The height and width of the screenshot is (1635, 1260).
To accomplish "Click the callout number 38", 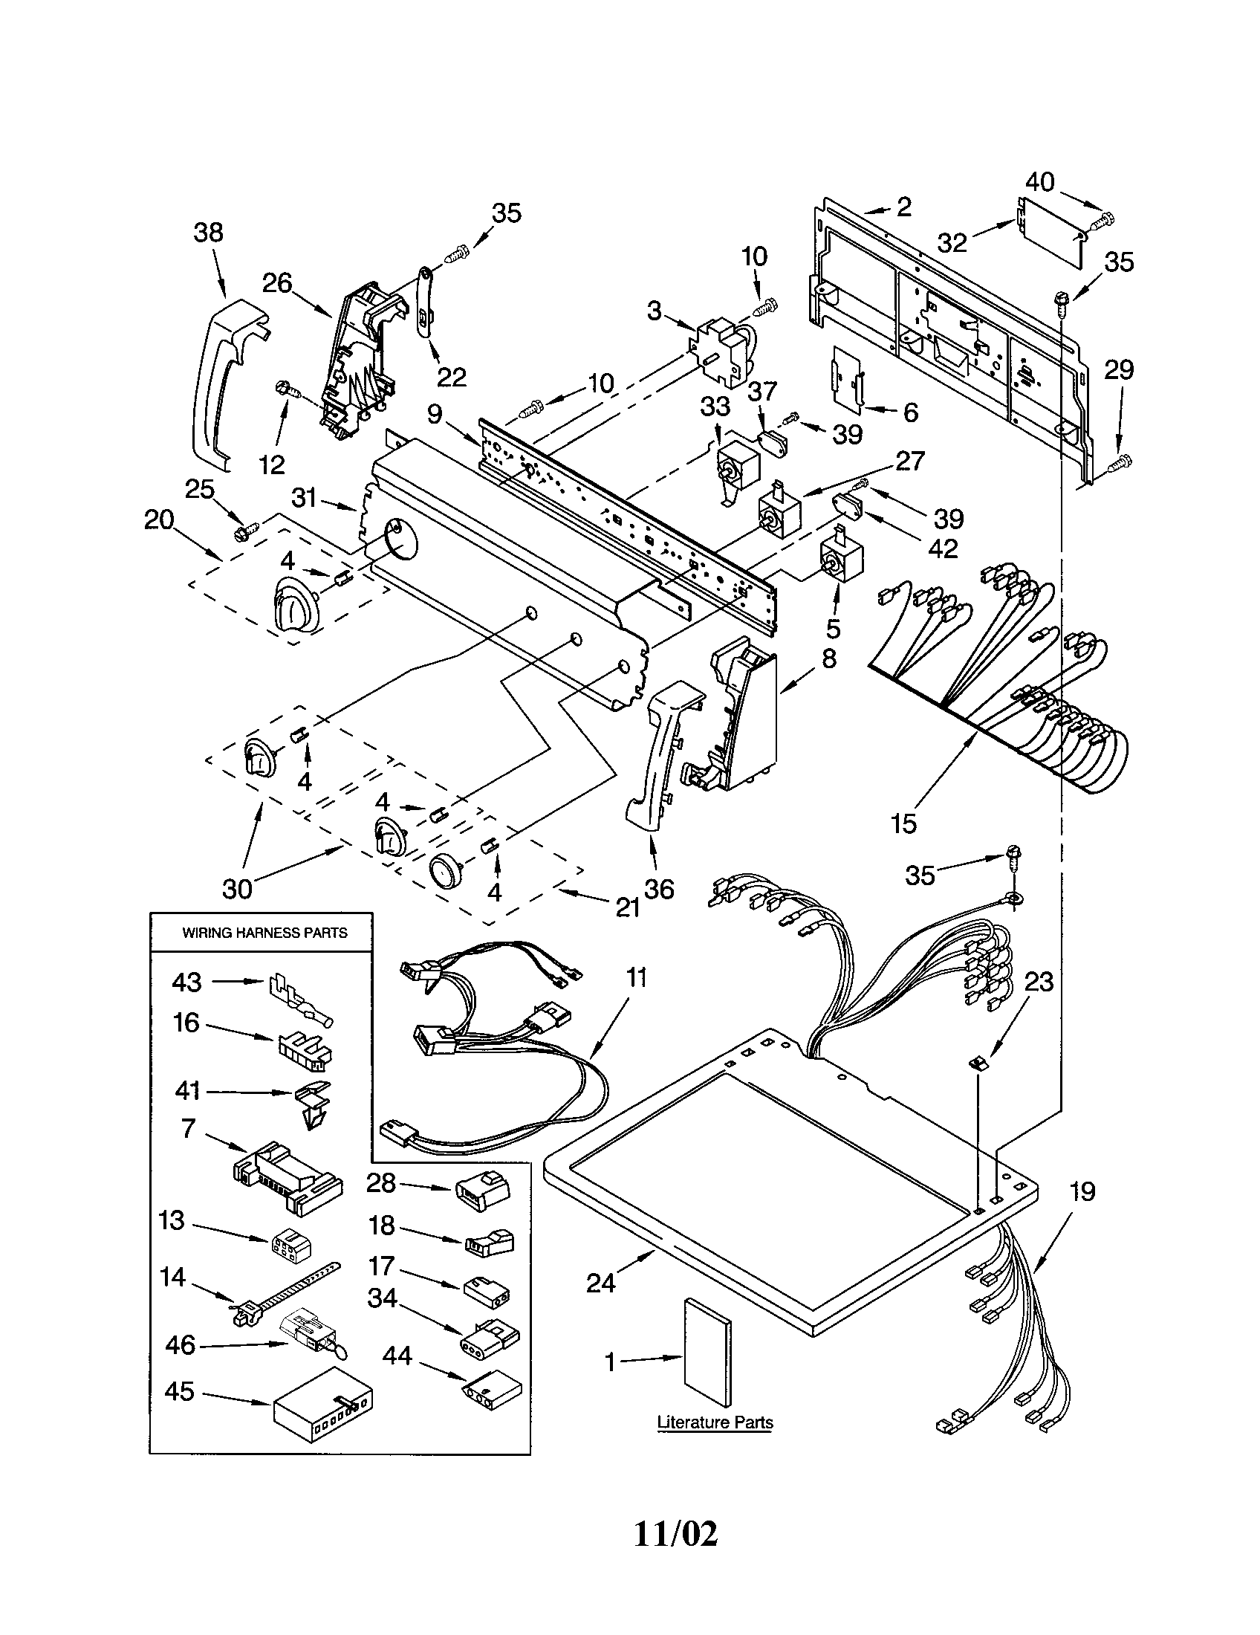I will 208,232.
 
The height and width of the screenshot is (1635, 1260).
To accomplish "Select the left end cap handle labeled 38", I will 218,375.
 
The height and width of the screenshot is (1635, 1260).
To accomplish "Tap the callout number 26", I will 276,283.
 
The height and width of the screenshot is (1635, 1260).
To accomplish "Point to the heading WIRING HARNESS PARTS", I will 265,933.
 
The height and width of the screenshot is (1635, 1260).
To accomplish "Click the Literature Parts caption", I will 715,1422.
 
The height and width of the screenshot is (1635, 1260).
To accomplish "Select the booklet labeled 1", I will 708,1363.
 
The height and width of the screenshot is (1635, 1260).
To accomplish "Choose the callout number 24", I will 601,1283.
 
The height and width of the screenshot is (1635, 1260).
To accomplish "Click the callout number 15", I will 904,823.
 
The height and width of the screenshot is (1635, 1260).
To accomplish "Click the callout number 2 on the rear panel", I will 904,207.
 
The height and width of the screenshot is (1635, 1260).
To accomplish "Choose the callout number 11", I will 637,978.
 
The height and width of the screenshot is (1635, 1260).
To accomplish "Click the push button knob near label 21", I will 446,872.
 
